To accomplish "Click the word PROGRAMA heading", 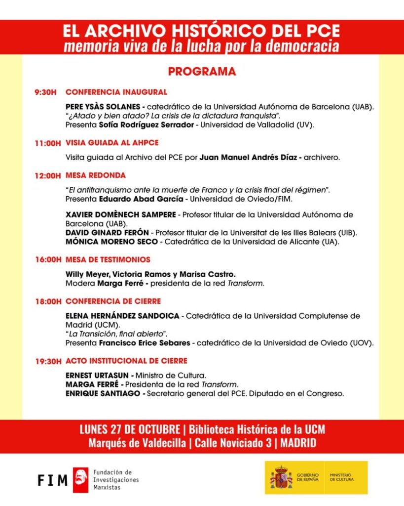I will click(202, 72).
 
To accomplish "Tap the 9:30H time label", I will click(46, 92).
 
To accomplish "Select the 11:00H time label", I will click(48, 143).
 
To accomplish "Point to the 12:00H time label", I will click(48, 175).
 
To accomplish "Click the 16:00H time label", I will click(48, 260).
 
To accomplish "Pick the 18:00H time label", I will click(48, 301).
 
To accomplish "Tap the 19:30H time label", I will click(48, 361).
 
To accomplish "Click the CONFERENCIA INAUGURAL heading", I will click(116, 92).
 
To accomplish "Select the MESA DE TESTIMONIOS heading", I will click(108, 260).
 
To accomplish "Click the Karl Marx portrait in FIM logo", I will click(80, 480).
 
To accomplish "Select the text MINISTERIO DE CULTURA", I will click(342, 477).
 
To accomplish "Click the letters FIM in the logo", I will click(52, 480).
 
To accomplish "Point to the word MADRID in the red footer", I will click(298, 443).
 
